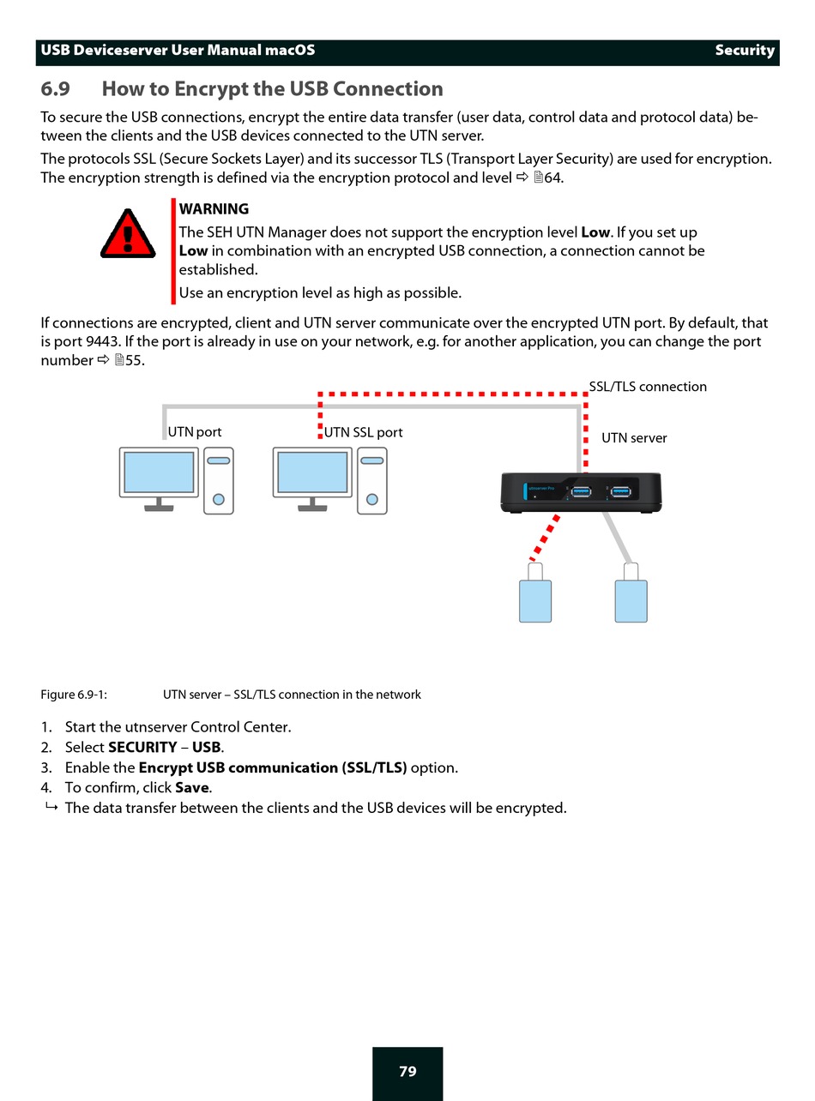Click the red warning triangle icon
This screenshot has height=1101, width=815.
point(129,233)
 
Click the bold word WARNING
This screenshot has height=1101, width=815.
point(214,209)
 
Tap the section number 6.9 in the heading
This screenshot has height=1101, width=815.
point(56,89)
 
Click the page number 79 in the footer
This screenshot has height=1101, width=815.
point(407,1072)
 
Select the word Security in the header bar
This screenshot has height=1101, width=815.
point(745,51)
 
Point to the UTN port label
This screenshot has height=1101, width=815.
point(195,432)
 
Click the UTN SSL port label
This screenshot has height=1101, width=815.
point(363,432)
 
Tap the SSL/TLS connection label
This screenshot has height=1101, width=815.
point(648,387)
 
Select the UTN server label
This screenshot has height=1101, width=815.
point(634,438)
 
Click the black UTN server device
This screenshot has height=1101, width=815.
point(582,494)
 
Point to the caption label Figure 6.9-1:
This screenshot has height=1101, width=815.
point(74,695)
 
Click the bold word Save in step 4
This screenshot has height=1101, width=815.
point(192,787)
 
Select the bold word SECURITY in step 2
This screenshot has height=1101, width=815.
point(142,747)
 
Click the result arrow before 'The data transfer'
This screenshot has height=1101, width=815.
point(51,808)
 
